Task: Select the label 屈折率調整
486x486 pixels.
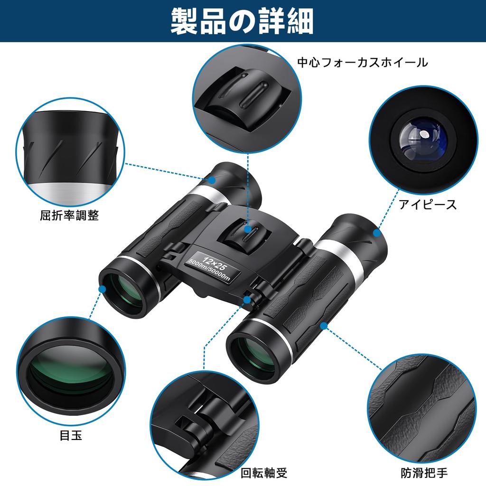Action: pos(69,215)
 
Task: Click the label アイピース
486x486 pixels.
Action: pos(428,205)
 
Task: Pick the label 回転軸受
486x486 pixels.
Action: pos(264,473)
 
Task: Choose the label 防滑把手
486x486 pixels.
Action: pos(423,473)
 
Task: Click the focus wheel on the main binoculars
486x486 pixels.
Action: pos(243,236)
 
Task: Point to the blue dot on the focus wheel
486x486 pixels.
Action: pos(248,229)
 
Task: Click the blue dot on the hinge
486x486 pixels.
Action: pos(247,299)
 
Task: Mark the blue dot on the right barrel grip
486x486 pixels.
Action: pos(324,326)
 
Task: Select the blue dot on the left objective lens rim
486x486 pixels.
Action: pos(102,289)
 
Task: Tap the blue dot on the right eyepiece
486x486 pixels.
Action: pos(377,233)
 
